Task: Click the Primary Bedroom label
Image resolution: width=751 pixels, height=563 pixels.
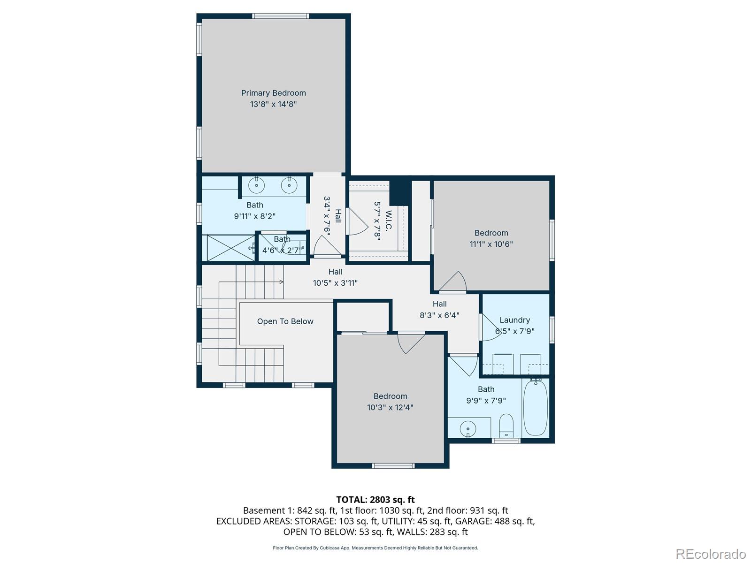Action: pyautogui.click(x=273, y=93)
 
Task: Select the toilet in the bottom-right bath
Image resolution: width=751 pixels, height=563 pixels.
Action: pyautogui.click(x=506, y=424)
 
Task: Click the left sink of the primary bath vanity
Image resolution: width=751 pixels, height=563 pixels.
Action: pyautogui.click(x=257, y=185)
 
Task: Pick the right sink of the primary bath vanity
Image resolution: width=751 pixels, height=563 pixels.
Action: pyautogui.click(x=289, y=185)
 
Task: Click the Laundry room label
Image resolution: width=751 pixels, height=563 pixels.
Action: pyautogui.click(x=514, y=320)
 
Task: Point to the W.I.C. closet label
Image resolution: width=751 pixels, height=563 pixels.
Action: pyautogui.click(x=388, y=221)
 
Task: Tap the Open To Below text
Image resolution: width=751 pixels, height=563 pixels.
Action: pyautogui.click(x=285, y=321)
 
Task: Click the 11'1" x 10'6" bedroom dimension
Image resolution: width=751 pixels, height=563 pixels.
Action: pyautogui.click(x=491, y=244)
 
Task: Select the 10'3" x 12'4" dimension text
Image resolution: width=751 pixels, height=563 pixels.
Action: pyautogui.click(x=390, y=407)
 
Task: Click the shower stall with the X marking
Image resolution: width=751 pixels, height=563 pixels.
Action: pyautogui.click(x=230, y=248)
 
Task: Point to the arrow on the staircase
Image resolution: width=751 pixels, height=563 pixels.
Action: pyautogui.click(x=280, y=281)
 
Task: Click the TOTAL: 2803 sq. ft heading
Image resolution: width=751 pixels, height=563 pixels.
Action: pyautogui.click(x=375, y=500)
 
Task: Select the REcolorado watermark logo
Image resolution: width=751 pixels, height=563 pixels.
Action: pyautogui.click(x=711, y=554)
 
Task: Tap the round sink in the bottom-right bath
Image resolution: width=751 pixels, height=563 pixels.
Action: pyautogui.click(x=468, y=428)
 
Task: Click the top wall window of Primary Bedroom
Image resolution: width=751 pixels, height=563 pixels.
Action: pyautogui.click(x=281, y=16)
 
